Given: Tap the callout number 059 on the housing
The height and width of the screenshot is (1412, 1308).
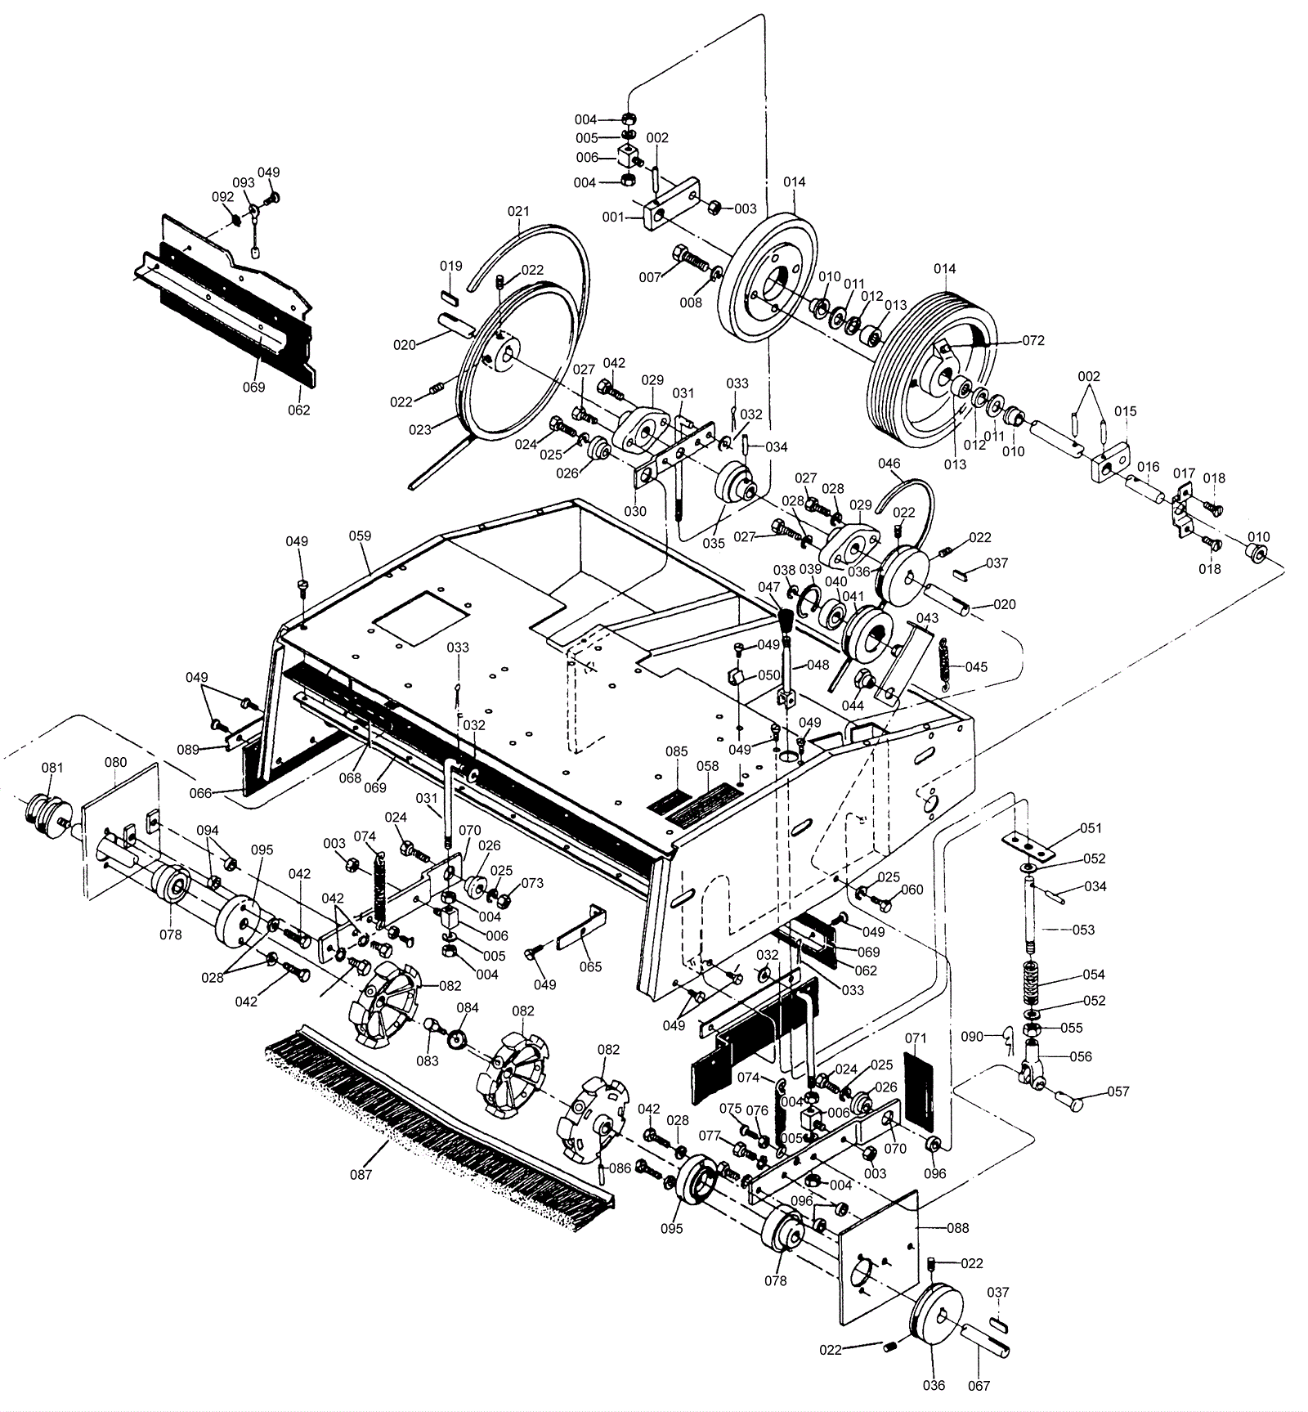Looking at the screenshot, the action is (360, 536).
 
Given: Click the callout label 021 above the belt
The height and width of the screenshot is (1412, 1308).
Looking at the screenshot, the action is (518, 211).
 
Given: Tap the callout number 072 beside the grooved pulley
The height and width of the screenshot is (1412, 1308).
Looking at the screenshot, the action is (1033, 341).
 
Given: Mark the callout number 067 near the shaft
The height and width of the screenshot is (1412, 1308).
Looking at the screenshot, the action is (979, 1386).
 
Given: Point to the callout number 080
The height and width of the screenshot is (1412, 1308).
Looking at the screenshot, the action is (116, 762).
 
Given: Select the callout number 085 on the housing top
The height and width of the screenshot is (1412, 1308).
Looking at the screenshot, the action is (676, 751).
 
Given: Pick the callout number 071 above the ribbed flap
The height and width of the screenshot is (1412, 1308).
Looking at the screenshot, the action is (916, 1038).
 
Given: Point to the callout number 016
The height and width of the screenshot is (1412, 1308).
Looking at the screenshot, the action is (1148, 467).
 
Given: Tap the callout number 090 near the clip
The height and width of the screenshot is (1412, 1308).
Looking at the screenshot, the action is (972, 1037).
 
